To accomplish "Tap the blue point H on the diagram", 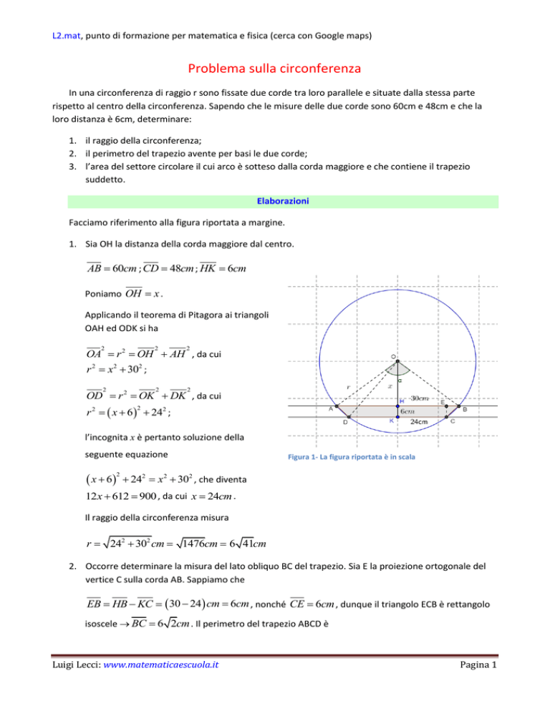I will (397, 406).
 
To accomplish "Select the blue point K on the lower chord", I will (397, 416).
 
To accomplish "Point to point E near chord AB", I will (445, 405).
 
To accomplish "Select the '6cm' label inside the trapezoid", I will (410, 411).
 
